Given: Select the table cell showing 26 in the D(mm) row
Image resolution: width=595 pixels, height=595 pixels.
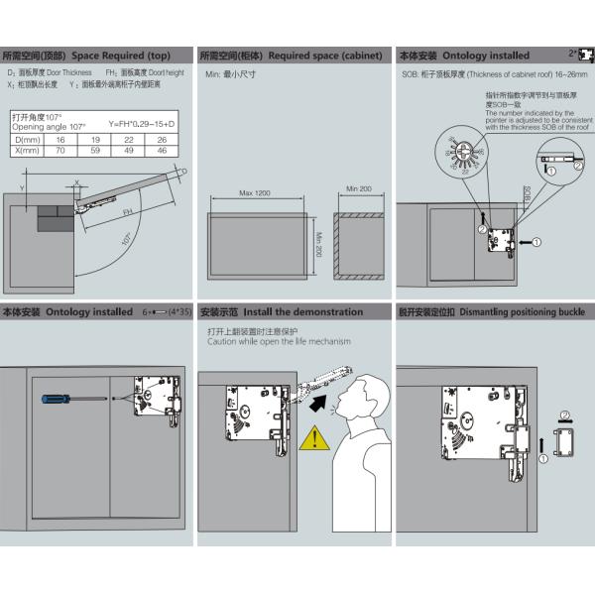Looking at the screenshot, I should pyautogui.click(x=162, y=140).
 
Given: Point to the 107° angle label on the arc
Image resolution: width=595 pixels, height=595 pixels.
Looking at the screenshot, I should pyautogui.click(x=126, y=241).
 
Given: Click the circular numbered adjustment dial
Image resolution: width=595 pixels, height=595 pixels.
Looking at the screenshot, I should pyautogui.click(x=462, y=155).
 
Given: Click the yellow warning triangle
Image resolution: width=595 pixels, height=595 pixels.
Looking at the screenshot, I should pyautogui.click(x=316, y=436).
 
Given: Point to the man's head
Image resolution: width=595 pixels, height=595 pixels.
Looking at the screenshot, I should pyautogui.click(x=361, y=392).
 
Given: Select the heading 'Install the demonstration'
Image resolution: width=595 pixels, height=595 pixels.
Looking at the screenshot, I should pyautogui.click(x=302, y=311).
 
